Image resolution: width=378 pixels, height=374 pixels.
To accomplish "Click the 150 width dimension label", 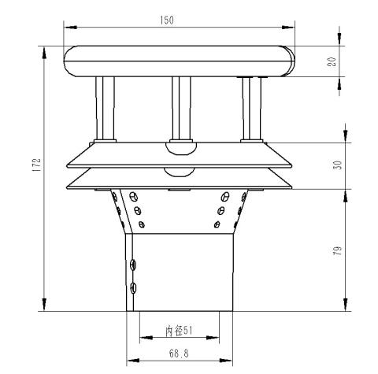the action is (x=167, y=20).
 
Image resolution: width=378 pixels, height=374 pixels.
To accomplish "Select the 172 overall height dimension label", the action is (x=36, y=165).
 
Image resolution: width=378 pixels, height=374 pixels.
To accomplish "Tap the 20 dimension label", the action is (x=332, y=61).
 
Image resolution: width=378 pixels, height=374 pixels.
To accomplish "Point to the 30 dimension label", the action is (x=339, y=165).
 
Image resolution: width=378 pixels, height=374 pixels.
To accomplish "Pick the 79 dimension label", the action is (x=339, y=251).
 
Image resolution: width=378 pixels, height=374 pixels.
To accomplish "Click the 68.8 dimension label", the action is (x=179, y=354).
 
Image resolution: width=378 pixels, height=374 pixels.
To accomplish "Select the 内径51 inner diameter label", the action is (x=179, y=331).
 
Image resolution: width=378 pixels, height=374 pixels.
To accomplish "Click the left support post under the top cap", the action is (x=106, y=108).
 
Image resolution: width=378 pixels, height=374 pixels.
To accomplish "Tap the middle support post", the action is (x=181, y=108).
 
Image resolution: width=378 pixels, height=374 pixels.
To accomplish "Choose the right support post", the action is (x=252, y=108).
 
